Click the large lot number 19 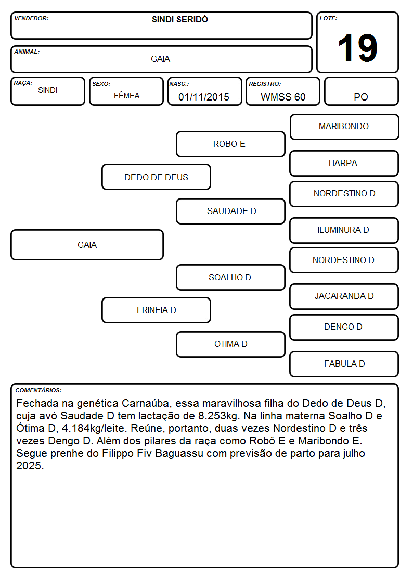pyautogui.click(x=357, y=48)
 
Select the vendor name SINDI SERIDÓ pyautogui.click(x=180, y=19)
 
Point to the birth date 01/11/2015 pyautogui.click(x=204, y=97)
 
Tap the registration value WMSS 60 pyautogui.click(x=283, y=97)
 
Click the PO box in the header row pyautogui.click(x=361, y=91)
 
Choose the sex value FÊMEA pyautogui.click(x=126, y=95)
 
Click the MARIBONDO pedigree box pyautogui.click(x=344, y=127)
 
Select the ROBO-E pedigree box pyautogui.click(x=230, y=144)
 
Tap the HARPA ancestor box pyautogui.click(x=344, y=163)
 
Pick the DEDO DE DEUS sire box pyautogui.click(x=156, y=177)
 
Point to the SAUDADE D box pyautogui.click(x=230, y=211)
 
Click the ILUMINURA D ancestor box pyautogui.click(x=344, y=230)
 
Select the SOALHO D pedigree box pyautogui.click(x=230, y=277)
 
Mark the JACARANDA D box pyautogui.click(x=344, y=296)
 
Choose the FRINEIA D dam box pyautogui.click(x=156, y=310)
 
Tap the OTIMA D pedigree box pyautogui.click(x=230, y=344)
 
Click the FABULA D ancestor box pyautogui.click(x=344, y=364)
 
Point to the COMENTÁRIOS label pyautogui.click(x=38, y=390)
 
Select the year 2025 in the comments pyautogui.click(x=30, y=466)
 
